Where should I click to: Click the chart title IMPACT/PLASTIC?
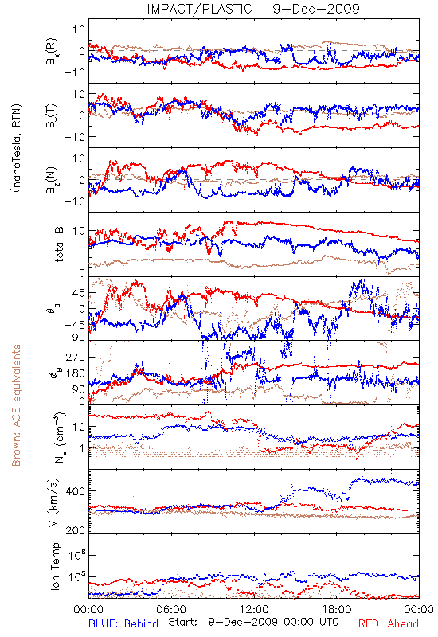[x=199, y=9]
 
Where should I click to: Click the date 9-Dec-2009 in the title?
[x=316, y=9]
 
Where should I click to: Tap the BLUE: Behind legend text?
[x=123, y=623]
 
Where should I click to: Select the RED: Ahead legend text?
[x=388, y=623]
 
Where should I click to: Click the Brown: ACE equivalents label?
[x=16, y=405]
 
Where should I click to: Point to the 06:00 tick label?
[x=171, y=609]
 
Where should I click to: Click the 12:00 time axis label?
[x=254, y=609]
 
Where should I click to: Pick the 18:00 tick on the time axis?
[x=337, y=609]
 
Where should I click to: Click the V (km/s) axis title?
[x=54, y=502]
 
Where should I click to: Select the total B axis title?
[x=59, y=244]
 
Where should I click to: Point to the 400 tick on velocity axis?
[x=75, y=491]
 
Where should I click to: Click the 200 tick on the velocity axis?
[x=75, y=530]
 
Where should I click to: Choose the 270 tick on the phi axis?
[x=75, y=357]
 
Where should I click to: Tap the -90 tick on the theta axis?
[x=74, y=337]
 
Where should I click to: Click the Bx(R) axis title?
[x=52, y=51]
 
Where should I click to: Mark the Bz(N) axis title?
[x=52, y=180]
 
